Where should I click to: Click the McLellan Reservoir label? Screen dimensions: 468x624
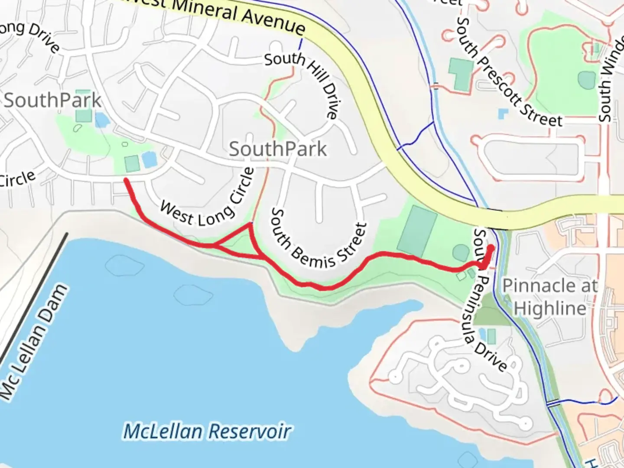tap(207, 432)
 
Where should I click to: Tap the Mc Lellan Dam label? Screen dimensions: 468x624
tap(35, 342)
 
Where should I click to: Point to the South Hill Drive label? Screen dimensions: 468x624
tap(303, 82)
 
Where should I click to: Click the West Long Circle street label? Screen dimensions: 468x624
tap(208, 199)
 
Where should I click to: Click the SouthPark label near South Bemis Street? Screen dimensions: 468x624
tap(278, 149)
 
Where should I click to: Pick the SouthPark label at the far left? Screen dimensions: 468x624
tap(52, 101)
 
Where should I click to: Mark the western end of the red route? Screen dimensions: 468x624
tap(126, 179)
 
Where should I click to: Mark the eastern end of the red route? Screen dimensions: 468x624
tap(491, 248)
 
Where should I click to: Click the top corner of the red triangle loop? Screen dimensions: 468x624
tap(250, 224)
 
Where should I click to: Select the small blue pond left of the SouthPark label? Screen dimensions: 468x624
tap(101, 119)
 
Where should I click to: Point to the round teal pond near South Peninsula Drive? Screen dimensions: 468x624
tap(461, 253)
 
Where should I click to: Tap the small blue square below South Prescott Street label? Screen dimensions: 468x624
tap(503, 114)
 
